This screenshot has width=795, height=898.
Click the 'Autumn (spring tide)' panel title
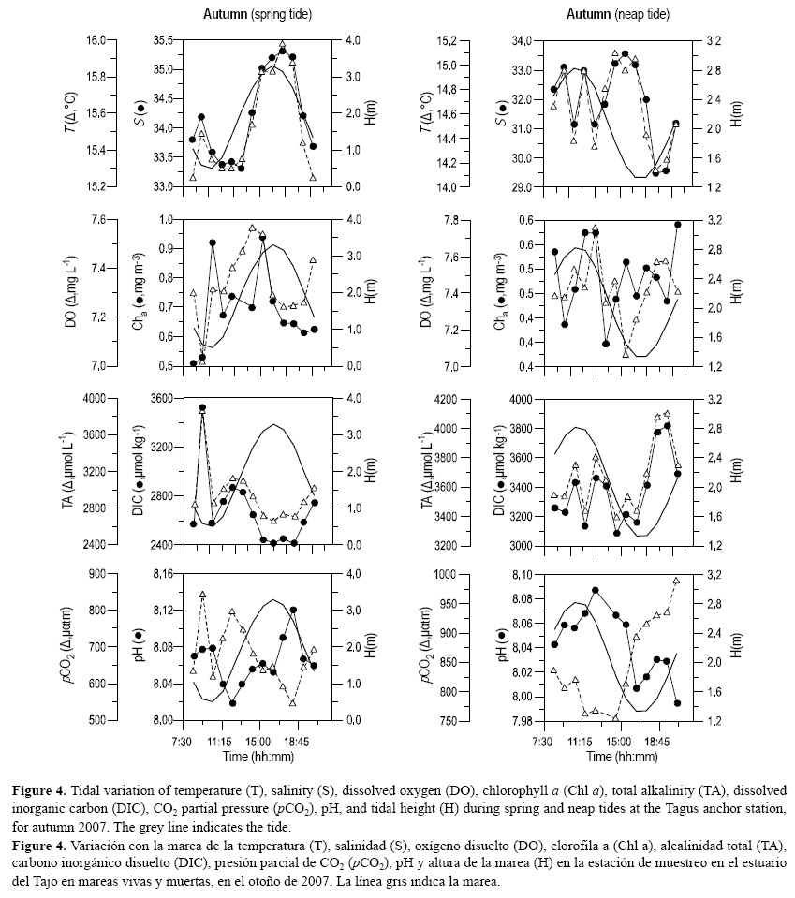coord(258,15)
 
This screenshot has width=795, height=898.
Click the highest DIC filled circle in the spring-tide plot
coord(202,408)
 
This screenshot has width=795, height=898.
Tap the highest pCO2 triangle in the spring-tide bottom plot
coord(202,595)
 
